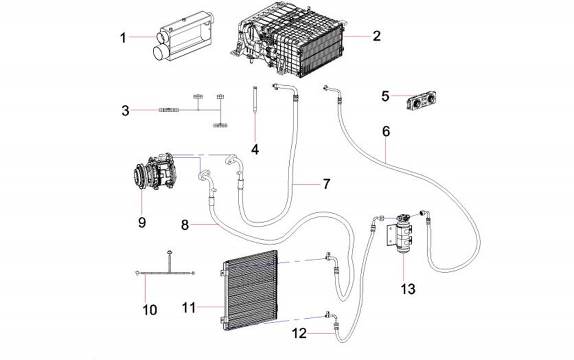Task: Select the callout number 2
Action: [376, 36]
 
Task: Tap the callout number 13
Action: [409, 289]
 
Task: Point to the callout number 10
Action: [150, 310]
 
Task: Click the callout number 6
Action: [386, 132]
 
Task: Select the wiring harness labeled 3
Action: [192, 110]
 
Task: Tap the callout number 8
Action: [185, 225]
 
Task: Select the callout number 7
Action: [327, 184]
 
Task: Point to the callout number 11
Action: [189, 308]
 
